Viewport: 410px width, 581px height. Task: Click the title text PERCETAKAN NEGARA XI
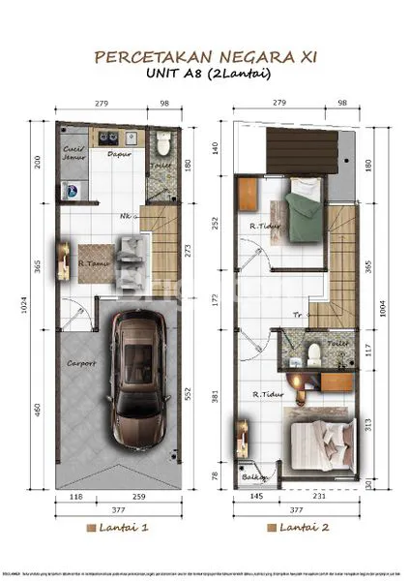(204, 57)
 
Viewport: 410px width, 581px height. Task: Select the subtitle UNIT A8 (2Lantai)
(204, 75)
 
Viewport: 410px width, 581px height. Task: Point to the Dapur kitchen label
(118, 153)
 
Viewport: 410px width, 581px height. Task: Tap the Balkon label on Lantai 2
(254, 476)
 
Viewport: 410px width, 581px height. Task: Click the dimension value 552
(190, 396)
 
